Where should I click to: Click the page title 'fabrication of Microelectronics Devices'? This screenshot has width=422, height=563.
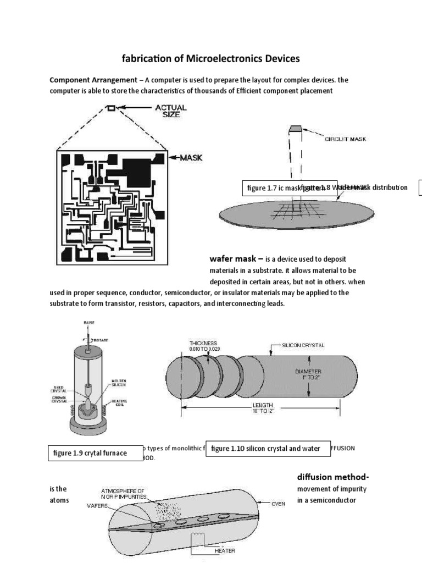pos(210,59)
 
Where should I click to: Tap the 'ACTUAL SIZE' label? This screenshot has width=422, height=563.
pos(170,112)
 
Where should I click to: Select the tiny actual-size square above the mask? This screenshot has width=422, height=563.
pos(112,109)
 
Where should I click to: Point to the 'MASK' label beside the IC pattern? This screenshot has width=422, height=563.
pos(188,157)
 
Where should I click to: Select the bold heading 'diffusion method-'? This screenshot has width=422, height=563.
pos(332,477)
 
